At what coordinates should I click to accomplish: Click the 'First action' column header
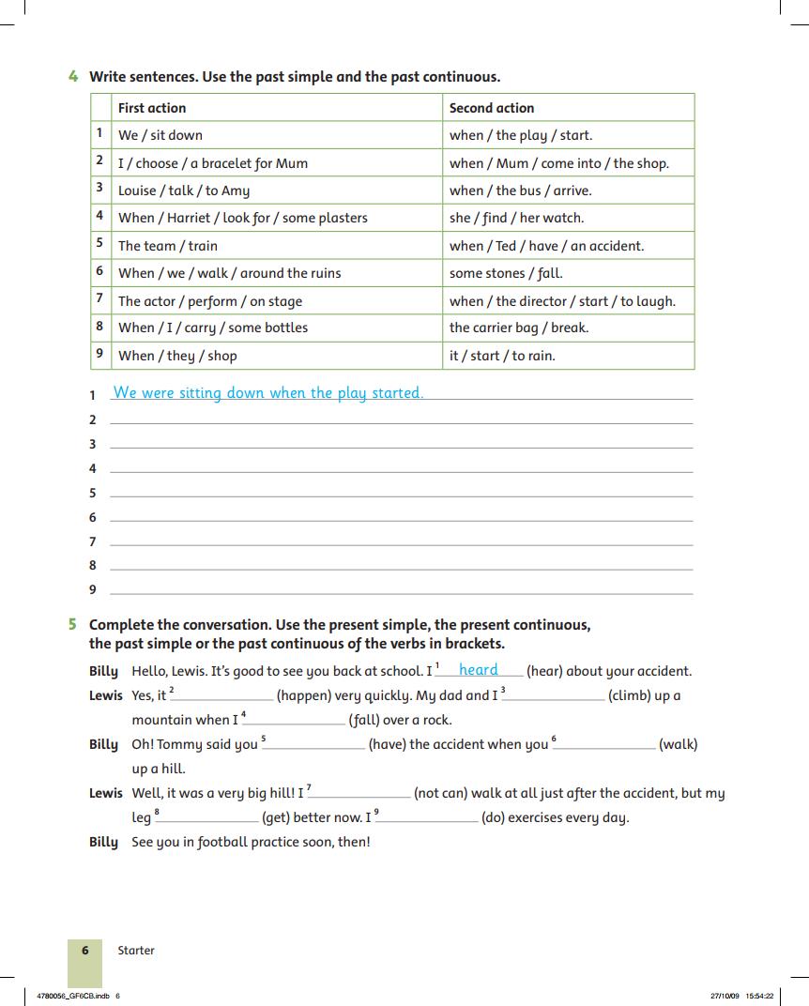click(x=152, y=108)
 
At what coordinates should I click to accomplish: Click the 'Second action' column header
click(x=492, y=108)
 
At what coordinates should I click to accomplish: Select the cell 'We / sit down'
click(x=160, y=135)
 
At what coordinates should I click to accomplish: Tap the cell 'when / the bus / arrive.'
click(x=521, y=191)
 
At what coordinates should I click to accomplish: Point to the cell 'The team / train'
click(x=168, y=246)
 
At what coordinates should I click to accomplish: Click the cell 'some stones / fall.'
click(x=506, y=273)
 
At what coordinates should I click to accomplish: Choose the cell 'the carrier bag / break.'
click(x=519, y=328)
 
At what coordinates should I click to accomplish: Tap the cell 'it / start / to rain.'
click(x=502, y=356)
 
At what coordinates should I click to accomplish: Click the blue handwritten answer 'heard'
click(x=479, y=670)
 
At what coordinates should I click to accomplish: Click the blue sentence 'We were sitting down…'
click(x=268, y=393)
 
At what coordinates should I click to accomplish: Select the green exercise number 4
click(x=73, y=77)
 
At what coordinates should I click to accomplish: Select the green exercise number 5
click(x=73, y=624)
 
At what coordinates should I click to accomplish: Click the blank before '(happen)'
click(x=224, y=696)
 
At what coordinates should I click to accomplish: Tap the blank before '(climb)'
click(x=556, y=696)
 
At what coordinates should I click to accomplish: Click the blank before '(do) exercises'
click(x=429, y=818)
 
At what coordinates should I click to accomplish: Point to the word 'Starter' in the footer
click(x=136, y=951)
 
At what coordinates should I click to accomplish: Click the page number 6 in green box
click(x=85, y=950)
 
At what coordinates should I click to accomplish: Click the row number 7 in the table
click(x=99, y=299)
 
